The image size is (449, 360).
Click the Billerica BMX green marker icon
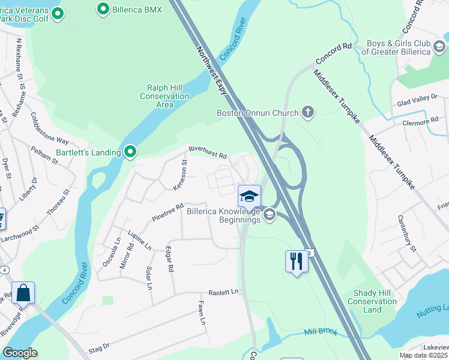click(x=103, y=9)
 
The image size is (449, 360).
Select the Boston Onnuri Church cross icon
click(x=308, y=112)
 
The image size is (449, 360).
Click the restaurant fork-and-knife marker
click(x=296, y=261)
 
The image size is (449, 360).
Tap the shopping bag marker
click(x=23, y=293)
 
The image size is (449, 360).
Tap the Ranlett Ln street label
click(x=223, y=292)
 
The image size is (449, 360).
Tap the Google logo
click(x=20, y=353)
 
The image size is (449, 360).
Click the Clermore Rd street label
click(x=421, y=122)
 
